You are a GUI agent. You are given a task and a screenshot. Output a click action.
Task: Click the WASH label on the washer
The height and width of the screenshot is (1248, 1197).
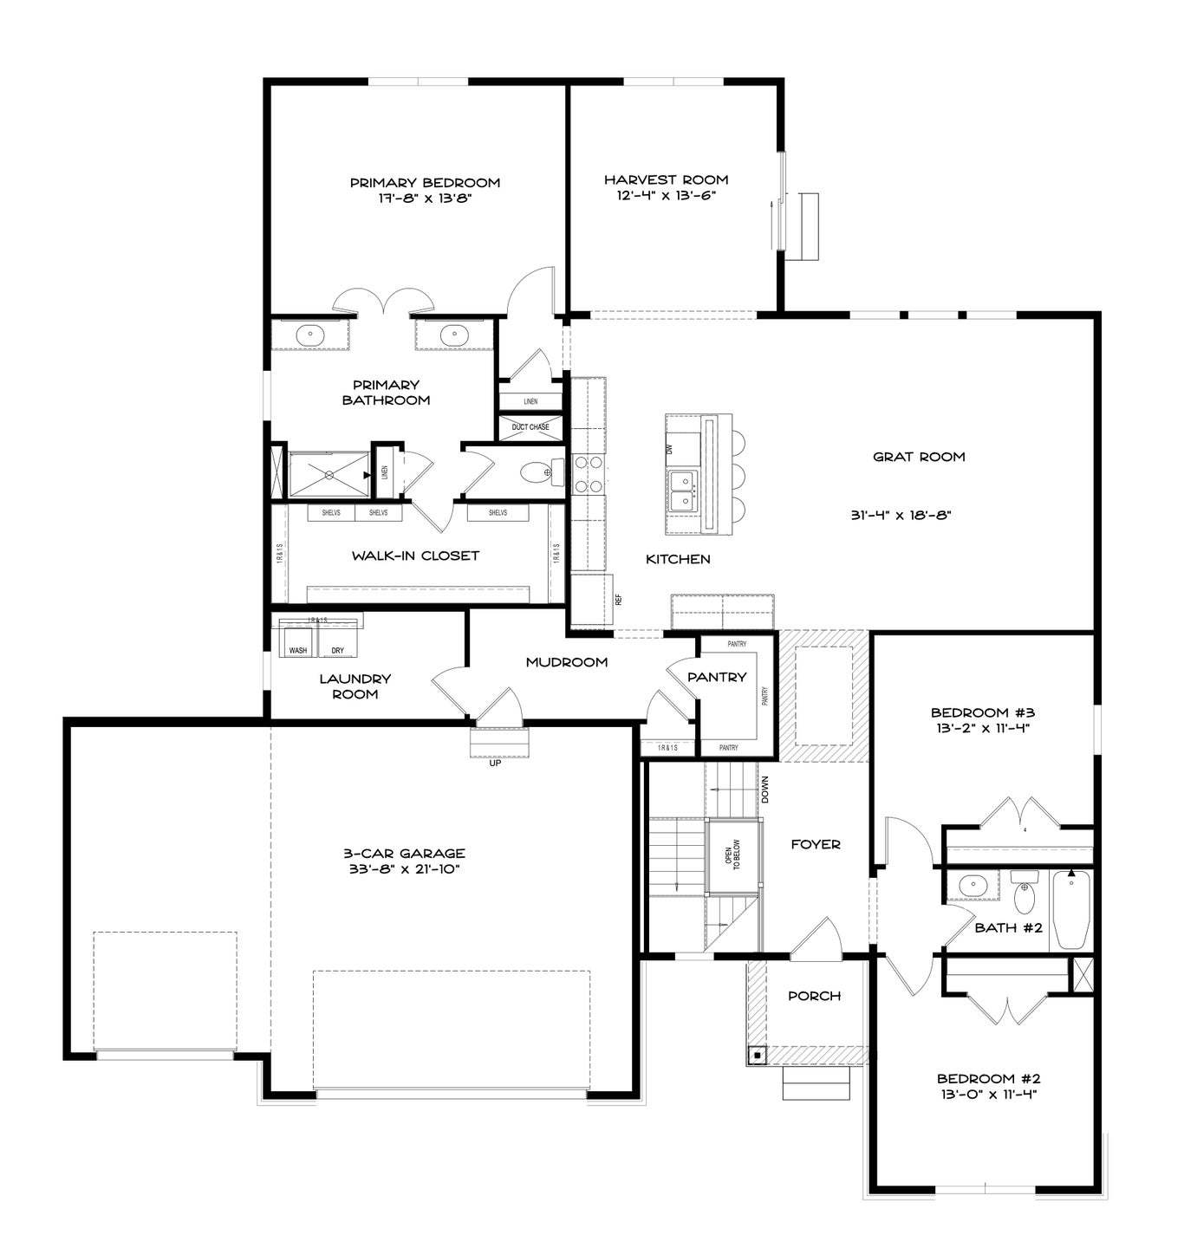point(297,650)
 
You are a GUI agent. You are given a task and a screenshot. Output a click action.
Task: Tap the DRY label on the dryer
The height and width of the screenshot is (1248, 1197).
point(337,650)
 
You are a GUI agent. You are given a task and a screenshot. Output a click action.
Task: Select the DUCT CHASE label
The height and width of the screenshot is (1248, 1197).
point(530,427)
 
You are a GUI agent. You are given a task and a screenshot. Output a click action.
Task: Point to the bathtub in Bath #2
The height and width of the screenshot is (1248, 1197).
point(1070,909)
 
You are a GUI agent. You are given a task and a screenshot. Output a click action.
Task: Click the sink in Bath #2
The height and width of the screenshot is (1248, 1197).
point(973,886)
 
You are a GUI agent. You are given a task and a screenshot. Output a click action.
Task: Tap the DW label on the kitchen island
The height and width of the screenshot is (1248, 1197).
point(669,448)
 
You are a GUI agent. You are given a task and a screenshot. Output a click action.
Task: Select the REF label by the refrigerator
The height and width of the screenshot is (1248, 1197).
point(618,601)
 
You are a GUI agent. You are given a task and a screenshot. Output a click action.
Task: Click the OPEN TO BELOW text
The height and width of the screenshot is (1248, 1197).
point(732,855)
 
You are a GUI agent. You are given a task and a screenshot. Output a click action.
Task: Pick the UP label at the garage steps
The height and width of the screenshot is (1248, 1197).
point(495,764)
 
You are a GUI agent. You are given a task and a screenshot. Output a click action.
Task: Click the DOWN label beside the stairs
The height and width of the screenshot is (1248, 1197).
point(764,790)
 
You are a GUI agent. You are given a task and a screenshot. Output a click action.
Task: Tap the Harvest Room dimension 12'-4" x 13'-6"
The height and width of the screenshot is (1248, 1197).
point(666,196)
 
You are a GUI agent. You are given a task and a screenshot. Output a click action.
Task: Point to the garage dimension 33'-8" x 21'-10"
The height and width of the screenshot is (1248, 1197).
point(402,869)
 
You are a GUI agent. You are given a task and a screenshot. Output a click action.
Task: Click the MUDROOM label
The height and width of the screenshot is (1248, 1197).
point(566,662)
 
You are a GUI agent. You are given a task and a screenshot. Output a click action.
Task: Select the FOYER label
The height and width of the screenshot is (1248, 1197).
point(816,845)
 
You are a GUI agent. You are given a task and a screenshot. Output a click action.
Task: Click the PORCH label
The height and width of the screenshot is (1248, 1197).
point(814,996)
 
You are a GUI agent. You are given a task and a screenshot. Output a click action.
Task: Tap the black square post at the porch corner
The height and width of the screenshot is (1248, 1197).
point(758,1055)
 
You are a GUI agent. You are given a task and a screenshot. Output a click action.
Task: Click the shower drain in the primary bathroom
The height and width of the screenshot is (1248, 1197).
point(329,475)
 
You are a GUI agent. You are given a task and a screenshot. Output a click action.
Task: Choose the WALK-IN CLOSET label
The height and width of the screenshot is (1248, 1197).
point(415,556)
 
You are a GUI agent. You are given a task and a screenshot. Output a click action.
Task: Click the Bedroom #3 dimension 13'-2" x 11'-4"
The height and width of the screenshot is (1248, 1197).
point(983,728)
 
